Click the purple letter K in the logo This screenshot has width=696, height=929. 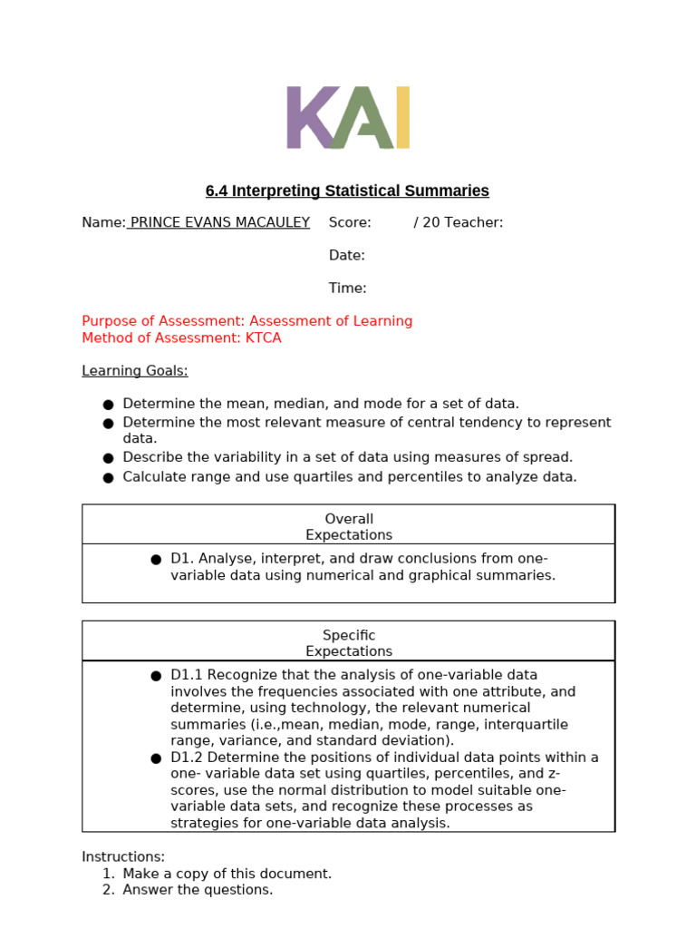[x=308, y=117]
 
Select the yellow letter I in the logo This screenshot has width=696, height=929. [x=402, y=117]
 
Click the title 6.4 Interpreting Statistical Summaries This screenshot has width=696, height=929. [x=347, y=191]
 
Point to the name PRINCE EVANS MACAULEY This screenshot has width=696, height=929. [x=219, y=222]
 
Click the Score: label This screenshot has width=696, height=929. [x=350, y=222]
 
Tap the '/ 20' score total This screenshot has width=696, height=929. [x=428, y=222]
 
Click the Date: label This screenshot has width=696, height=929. [x=346, y=255]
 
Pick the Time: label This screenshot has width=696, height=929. [x=347, y=288]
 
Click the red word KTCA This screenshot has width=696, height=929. [x=264, y=337]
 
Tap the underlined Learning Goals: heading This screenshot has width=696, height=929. [x=135, y=370]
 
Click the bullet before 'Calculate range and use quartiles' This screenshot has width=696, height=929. [x=108, y=478]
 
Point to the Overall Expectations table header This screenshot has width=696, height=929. [x=349, y=527]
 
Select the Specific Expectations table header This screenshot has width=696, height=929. [x=349, y=643]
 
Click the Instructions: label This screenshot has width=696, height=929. [x=123, y=856]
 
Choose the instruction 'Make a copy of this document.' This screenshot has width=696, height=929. [x=227, y=873]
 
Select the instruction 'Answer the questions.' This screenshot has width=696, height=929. [x=198, y=890]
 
